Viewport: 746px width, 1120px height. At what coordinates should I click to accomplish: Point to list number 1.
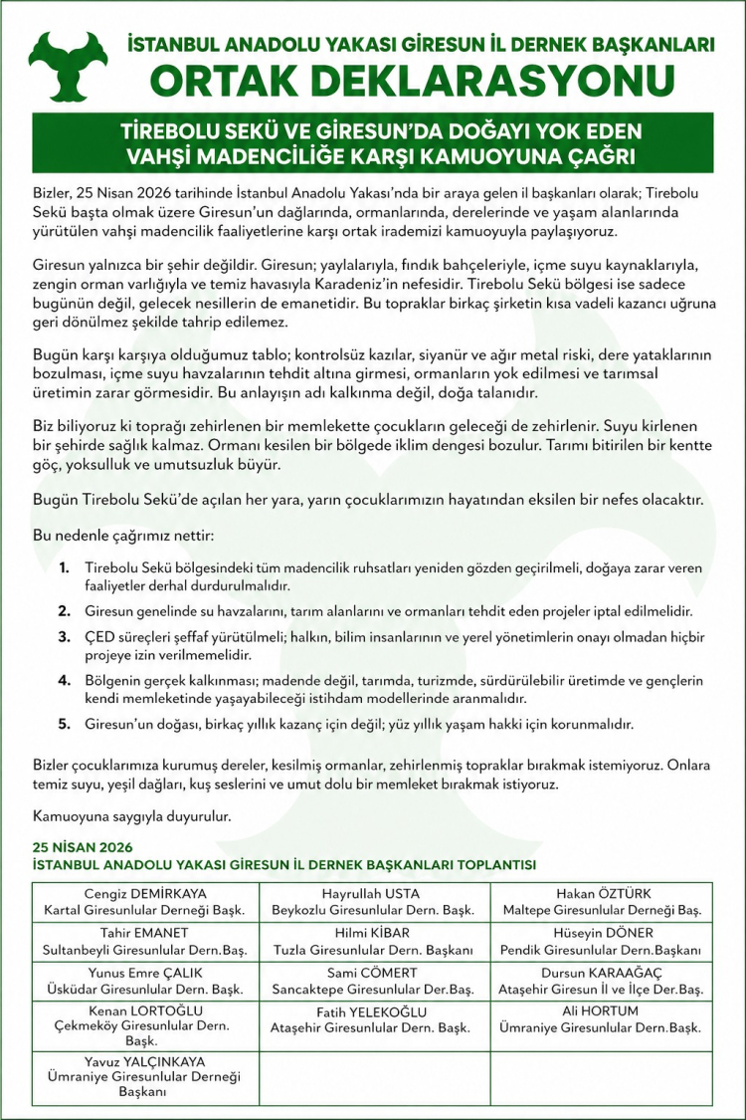pos(64,567)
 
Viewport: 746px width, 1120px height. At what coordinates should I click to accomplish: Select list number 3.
pos(64,636)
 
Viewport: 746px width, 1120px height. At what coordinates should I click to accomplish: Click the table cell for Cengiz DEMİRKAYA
pos(145,902)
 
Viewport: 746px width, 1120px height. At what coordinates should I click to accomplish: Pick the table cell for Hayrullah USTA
pos(373,902)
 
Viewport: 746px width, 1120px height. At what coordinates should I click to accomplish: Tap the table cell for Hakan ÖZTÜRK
pos(602,902)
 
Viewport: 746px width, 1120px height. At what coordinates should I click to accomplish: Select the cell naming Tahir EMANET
pos(145,942)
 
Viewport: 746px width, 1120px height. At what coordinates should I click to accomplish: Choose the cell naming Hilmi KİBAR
pos(373,942)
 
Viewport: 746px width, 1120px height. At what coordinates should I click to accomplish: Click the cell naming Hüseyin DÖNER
pos(602,942)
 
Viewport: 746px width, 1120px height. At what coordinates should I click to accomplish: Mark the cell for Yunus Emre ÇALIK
pos(145,981)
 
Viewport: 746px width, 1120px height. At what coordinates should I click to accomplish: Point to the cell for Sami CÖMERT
pos(373,981)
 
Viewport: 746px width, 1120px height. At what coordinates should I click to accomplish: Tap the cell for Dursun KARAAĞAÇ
pos(602,981)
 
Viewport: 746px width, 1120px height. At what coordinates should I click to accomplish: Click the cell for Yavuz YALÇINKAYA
pos(145,1076)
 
